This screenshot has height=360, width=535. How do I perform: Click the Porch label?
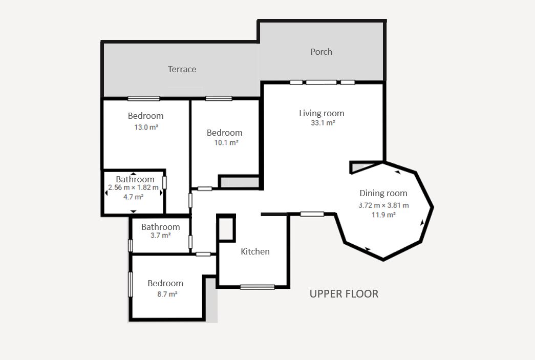click(321, 52)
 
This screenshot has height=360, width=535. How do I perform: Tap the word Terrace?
click(182, 69)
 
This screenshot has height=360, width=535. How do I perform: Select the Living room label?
click(322, 113)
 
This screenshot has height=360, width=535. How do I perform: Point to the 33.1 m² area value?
click(323, 123)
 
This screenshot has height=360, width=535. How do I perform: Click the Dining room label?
click(383, 193)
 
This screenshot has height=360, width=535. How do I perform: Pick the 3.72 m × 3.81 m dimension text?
click(383, 205)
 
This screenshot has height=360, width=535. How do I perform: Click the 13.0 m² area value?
click(146, 128)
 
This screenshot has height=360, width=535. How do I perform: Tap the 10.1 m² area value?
click(226, 143)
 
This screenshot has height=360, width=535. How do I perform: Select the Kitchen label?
click(255, 251)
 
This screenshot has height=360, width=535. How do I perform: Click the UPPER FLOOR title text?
click(344, 294)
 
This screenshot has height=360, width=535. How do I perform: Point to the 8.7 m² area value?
click(167, 294)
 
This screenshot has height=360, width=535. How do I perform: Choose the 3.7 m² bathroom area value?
click(160, 236)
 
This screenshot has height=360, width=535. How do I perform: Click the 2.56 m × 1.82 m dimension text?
click(134, 187)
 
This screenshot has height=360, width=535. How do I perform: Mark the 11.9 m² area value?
click(383, 215)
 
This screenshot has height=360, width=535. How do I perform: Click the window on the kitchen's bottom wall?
click(258, 287)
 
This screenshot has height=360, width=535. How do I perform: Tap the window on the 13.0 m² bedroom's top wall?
click(144, 99)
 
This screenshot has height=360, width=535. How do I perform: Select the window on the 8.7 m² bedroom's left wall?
click(131, 284)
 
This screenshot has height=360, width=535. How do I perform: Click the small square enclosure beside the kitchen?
click(226, 228)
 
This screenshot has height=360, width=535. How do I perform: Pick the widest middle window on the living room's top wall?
click(322, 82)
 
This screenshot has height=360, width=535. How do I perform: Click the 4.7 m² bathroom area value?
click(133, 197)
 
